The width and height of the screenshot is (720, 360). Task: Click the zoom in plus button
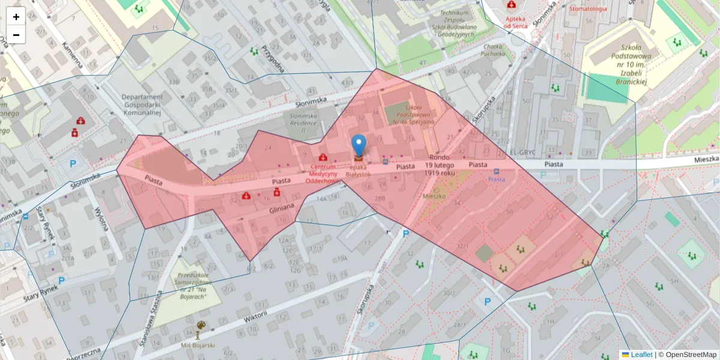click(x=16, y=17)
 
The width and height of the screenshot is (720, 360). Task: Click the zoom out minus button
click(x=16, y=35)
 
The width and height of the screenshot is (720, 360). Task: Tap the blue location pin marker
click(x=358, y=146)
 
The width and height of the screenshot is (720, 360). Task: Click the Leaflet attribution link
click(x=641, y=355)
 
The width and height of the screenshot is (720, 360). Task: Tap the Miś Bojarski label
click(x=198, y=346)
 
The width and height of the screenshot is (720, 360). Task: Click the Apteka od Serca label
click(x=515, y=22)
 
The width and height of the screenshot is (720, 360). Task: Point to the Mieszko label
click(x=434, y=196)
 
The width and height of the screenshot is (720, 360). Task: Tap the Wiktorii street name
click(x=256, y=316)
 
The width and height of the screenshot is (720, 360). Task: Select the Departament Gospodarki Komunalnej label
click(x=142, y=104)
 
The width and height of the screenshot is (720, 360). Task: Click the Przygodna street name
click(x=272, y=59)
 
